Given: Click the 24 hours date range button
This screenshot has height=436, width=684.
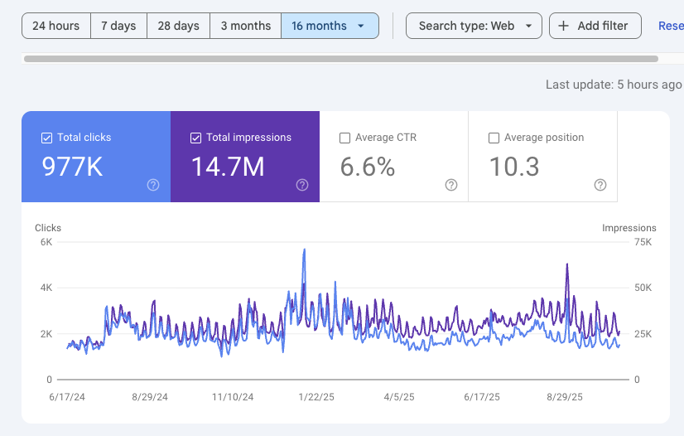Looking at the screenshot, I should tap(55, 26).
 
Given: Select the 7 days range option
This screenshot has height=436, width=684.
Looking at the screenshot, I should tap(118, 26).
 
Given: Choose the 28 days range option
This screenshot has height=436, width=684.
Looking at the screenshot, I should tap(178, 26).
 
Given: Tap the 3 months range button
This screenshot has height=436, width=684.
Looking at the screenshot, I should tap(245, 26).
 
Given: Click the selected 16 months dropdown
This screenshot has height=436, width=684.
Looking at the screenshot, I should tap(329, 26).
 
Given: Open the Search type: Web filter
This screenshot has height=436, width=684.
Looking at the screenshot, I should tap(474, 26).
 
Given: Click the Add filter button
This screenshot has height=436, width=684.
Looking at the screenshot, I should tap(595, 26).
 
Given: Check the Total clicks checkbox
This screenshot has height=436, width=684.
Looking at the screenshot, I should tap(47, 138).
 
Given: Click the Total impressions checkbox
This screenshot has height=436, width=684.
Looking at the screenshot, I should tap(196, 138).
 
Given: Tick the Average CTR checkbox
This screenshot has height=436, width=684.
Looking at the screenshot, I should tap(345, 138).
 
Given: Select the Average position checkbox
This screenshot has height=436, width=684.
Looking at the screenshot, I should tap(494, 138).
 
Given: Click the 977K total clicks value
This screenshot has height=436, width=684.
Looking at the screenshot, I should tap(72, 167).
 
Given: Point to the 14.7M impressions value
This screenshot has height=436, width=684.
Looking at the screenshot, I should tap(228, 167).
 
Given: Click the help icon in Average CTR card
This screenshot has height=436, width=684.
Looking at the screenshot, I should tap(451, 185).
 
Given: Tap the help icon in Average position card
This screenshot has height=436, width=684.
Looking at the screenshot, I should tap(600, 185).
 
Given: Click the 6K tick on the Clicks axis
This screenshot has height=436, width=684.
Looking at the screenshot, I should tap(46, 242).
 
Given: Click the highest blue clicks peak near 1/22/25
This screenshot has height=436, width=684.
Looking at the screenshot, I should tap(305, 249).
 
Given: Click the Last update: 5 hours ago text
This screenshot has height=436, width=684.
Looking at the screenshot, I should tap(614, 85).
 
